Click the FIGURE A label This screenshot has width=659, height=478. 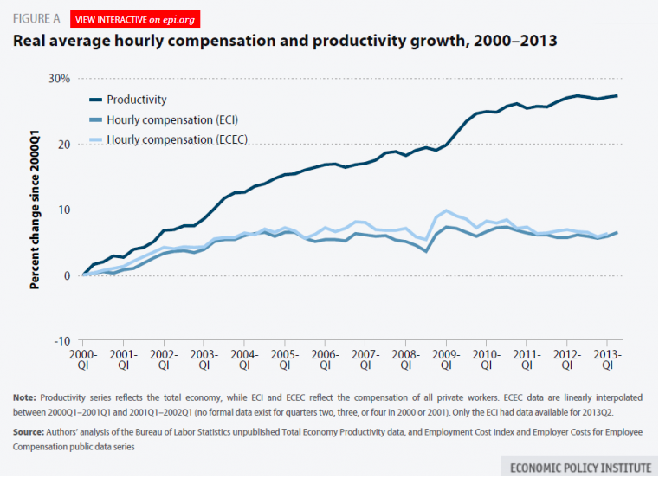coord(35,16)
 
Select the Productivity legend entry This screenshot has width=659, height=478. coord(137,100)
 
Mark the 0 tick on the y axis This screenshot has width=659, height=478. coord(64,275)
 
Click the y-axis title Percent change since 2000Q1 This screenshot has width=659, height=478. coord(36,209)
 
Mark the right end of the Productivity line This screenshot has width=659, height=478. coord(617,95)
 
